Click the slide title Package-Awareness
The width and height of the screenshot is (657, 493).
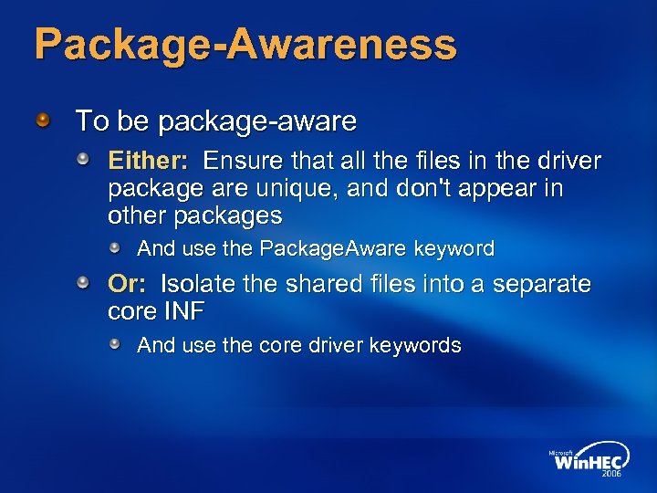[245, 44]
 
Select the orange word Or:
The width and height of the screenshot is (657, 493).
[128, 284]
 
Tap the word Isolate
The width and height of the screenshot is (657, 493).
[198, 284]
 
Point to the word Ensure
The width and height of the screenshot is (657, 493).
[242, 162]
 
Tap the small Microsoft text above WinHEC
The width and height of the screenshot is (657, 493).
[563, 450]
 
